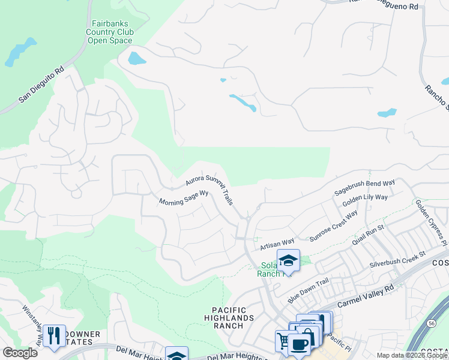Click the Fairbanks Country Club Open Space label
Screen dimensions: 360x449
[109, 31]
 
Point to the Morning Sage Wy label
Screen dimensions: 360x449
[183, 199]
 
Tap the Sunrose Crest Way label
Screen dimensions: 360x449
[333, 226]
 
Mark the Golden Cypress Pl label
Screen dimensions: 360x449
[431, 222]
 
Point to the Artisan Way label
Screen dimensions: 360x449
[277, 246]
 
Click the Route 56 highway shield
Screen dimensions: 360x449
[432, 323]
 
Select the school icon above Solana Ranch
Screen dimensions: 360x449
[288, 260]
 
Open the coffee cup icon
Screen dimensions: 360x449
[298, 344]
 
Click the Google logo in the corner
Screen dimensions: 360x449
[20, 353]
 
